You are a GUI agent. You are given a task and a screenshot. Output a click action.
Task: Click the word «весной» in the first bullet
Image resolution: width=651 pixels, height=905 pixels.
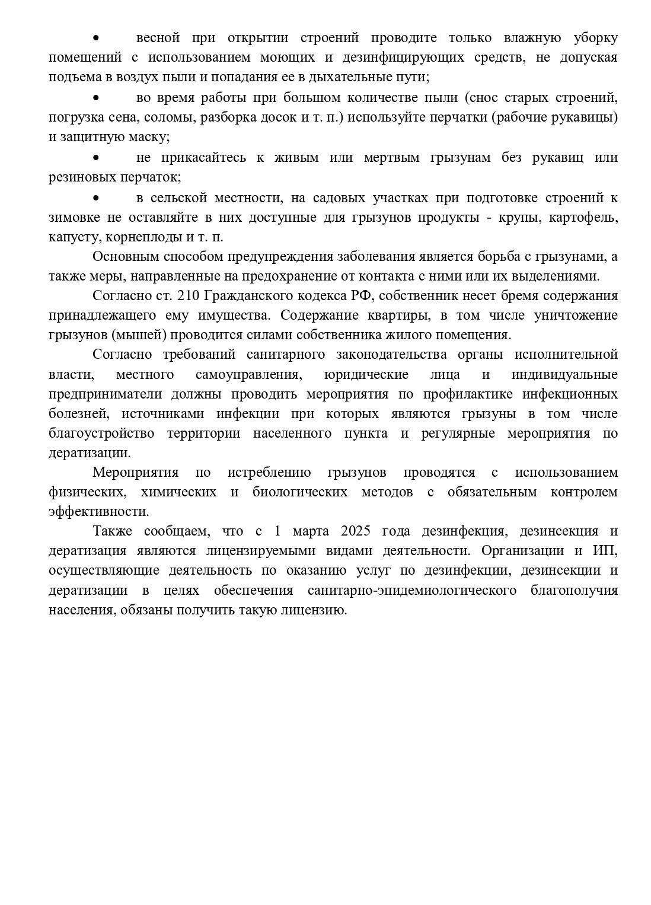pyautogui.click(x=158, y=39)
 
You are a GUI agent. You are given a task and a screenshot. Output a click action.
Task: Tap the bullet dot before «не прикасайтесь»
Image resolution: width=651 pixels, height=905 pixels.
pyautogui.click(x=95, y=158)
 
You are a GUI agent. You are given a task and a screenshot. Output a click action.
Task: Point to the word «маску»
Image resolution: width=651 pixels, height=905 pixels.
pyautogui.click(x=150, y=137)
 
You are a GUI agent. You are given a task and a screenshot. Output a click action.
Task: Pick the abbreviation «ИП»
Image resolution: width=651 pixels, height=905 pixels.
pyautogui.click(x=605, y=550)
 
